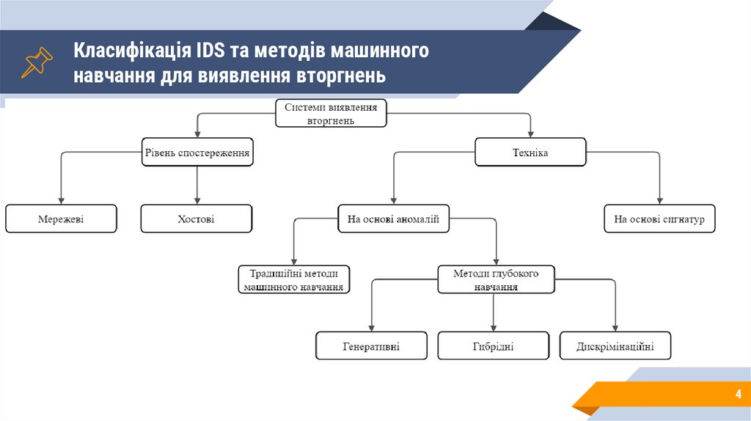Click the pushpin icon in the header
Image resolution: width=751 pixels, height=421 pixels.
pos(36,63)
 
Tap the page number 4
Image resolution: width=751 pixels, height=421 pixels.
pos(738,395)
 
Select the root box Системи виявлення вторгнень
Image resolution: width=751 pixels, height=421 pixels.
pos(331,114)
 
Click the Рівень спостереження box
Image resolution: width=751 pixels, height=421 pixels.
pos(197,153)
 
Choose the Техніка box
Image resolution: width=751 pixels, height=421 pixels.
pos(530,153)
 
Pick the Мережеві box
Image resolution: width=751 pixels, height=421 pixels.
pos(61,219)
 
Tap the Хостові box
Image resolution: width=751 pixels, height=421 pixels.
pos(196,219)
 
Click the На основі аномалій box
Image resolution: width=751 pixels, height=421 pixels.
pos(394,219)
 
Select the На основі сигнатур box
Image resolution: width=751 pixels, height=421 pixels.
pos(659,219)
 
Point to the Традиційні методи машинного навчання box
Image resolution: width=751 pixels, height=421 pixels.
pos(294,279)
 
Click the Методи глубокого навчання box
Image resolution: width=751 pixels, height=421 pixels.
pos(496,279)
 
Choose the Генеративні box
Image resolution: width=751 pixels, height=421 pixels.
pos(371,346)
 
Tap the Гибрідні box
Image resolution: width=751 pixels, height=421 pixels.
pos(493,346)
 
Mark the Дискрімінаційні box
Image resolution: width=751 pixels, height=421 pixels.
pos(615,346)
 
